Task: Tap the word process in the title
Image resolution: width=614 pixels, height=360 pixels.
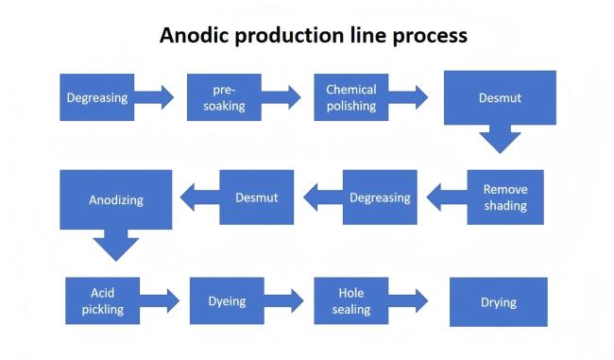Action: [x=432, y=37]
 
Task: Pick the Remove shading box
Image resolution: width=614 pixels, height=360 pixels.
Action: [x=504, y=197]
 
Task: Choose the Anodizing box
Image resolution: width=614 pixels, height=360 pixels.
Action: [x=115, y=199]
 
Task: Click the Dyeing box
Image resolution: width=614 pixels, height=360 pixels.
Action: [x=226, y=301]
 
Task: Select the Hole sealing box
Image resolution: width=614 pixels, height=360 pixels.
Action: [x=350, y=301]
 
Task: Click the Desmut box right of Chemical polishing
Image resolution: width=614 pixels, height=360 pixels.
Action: [x=500, y=97]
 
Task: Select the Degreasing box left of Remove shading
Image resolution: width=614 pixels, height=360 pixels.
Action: [x=379, y=197]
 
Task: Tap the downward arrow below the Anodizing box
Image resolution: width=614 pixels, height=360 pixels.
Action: [x=116, y=245]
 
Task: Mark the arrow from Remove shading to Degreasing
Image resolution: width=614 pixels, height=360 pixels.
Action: [x=446, y=197]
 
